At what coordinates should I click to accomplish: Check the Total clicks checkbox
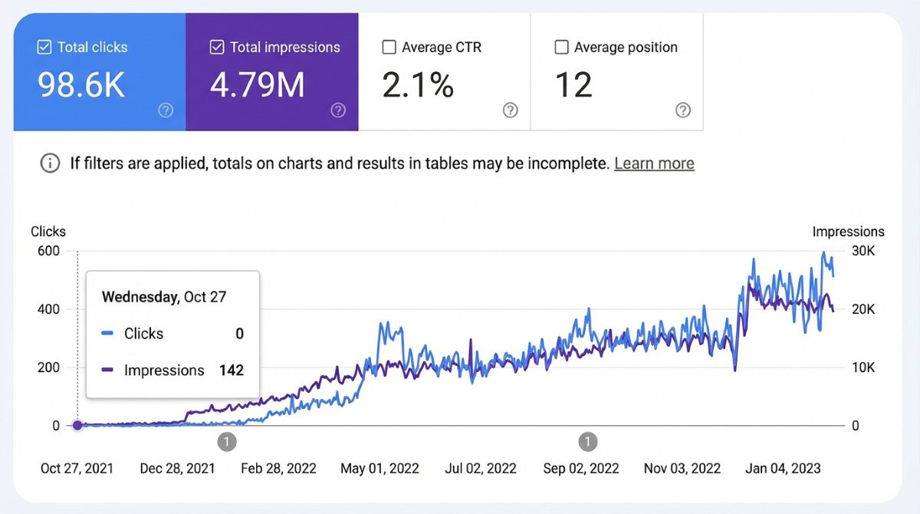pos(44,48)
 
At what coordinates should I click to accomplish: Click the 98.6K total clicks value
pos(81,85)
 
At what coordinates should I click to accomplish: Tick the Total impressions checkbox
pos(216,48)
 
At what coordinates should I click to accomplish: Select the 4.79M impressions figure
pos(258,85)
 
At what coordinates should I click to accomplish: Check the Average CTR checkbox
pos(389,48)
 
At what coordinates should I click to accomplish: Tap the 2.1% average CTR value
pos(418,85)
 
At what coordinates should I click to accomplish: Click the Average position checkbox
pos(561,48)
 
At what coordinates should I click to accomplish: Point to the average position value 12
pos(573,85)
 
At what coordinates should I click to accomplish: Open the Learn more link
pos(654,163)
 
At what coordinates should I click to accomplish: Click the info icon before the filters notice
pos(51,163)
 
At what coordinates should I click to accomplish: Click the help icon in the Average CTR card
pos(511,110)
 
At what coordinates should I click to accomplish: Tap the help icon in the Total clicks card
pos(166,110)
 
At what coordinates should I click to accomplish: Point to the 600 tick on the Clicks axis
pos(49,251)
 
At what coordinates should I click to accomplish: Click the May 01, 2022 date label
pos(380,468)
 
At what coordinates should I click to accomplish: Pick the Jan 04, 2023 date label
pos(784,468)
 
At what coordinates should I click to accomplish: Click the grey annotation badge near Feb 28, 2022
pos(226,442)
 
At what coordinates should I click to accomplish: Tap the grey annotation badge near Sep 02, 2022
pos(587,442)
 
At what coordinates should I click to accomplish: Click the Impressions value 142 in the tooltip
pos(231,371)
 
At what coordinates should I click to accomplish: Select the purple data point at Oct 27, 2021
pos(77,425)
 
